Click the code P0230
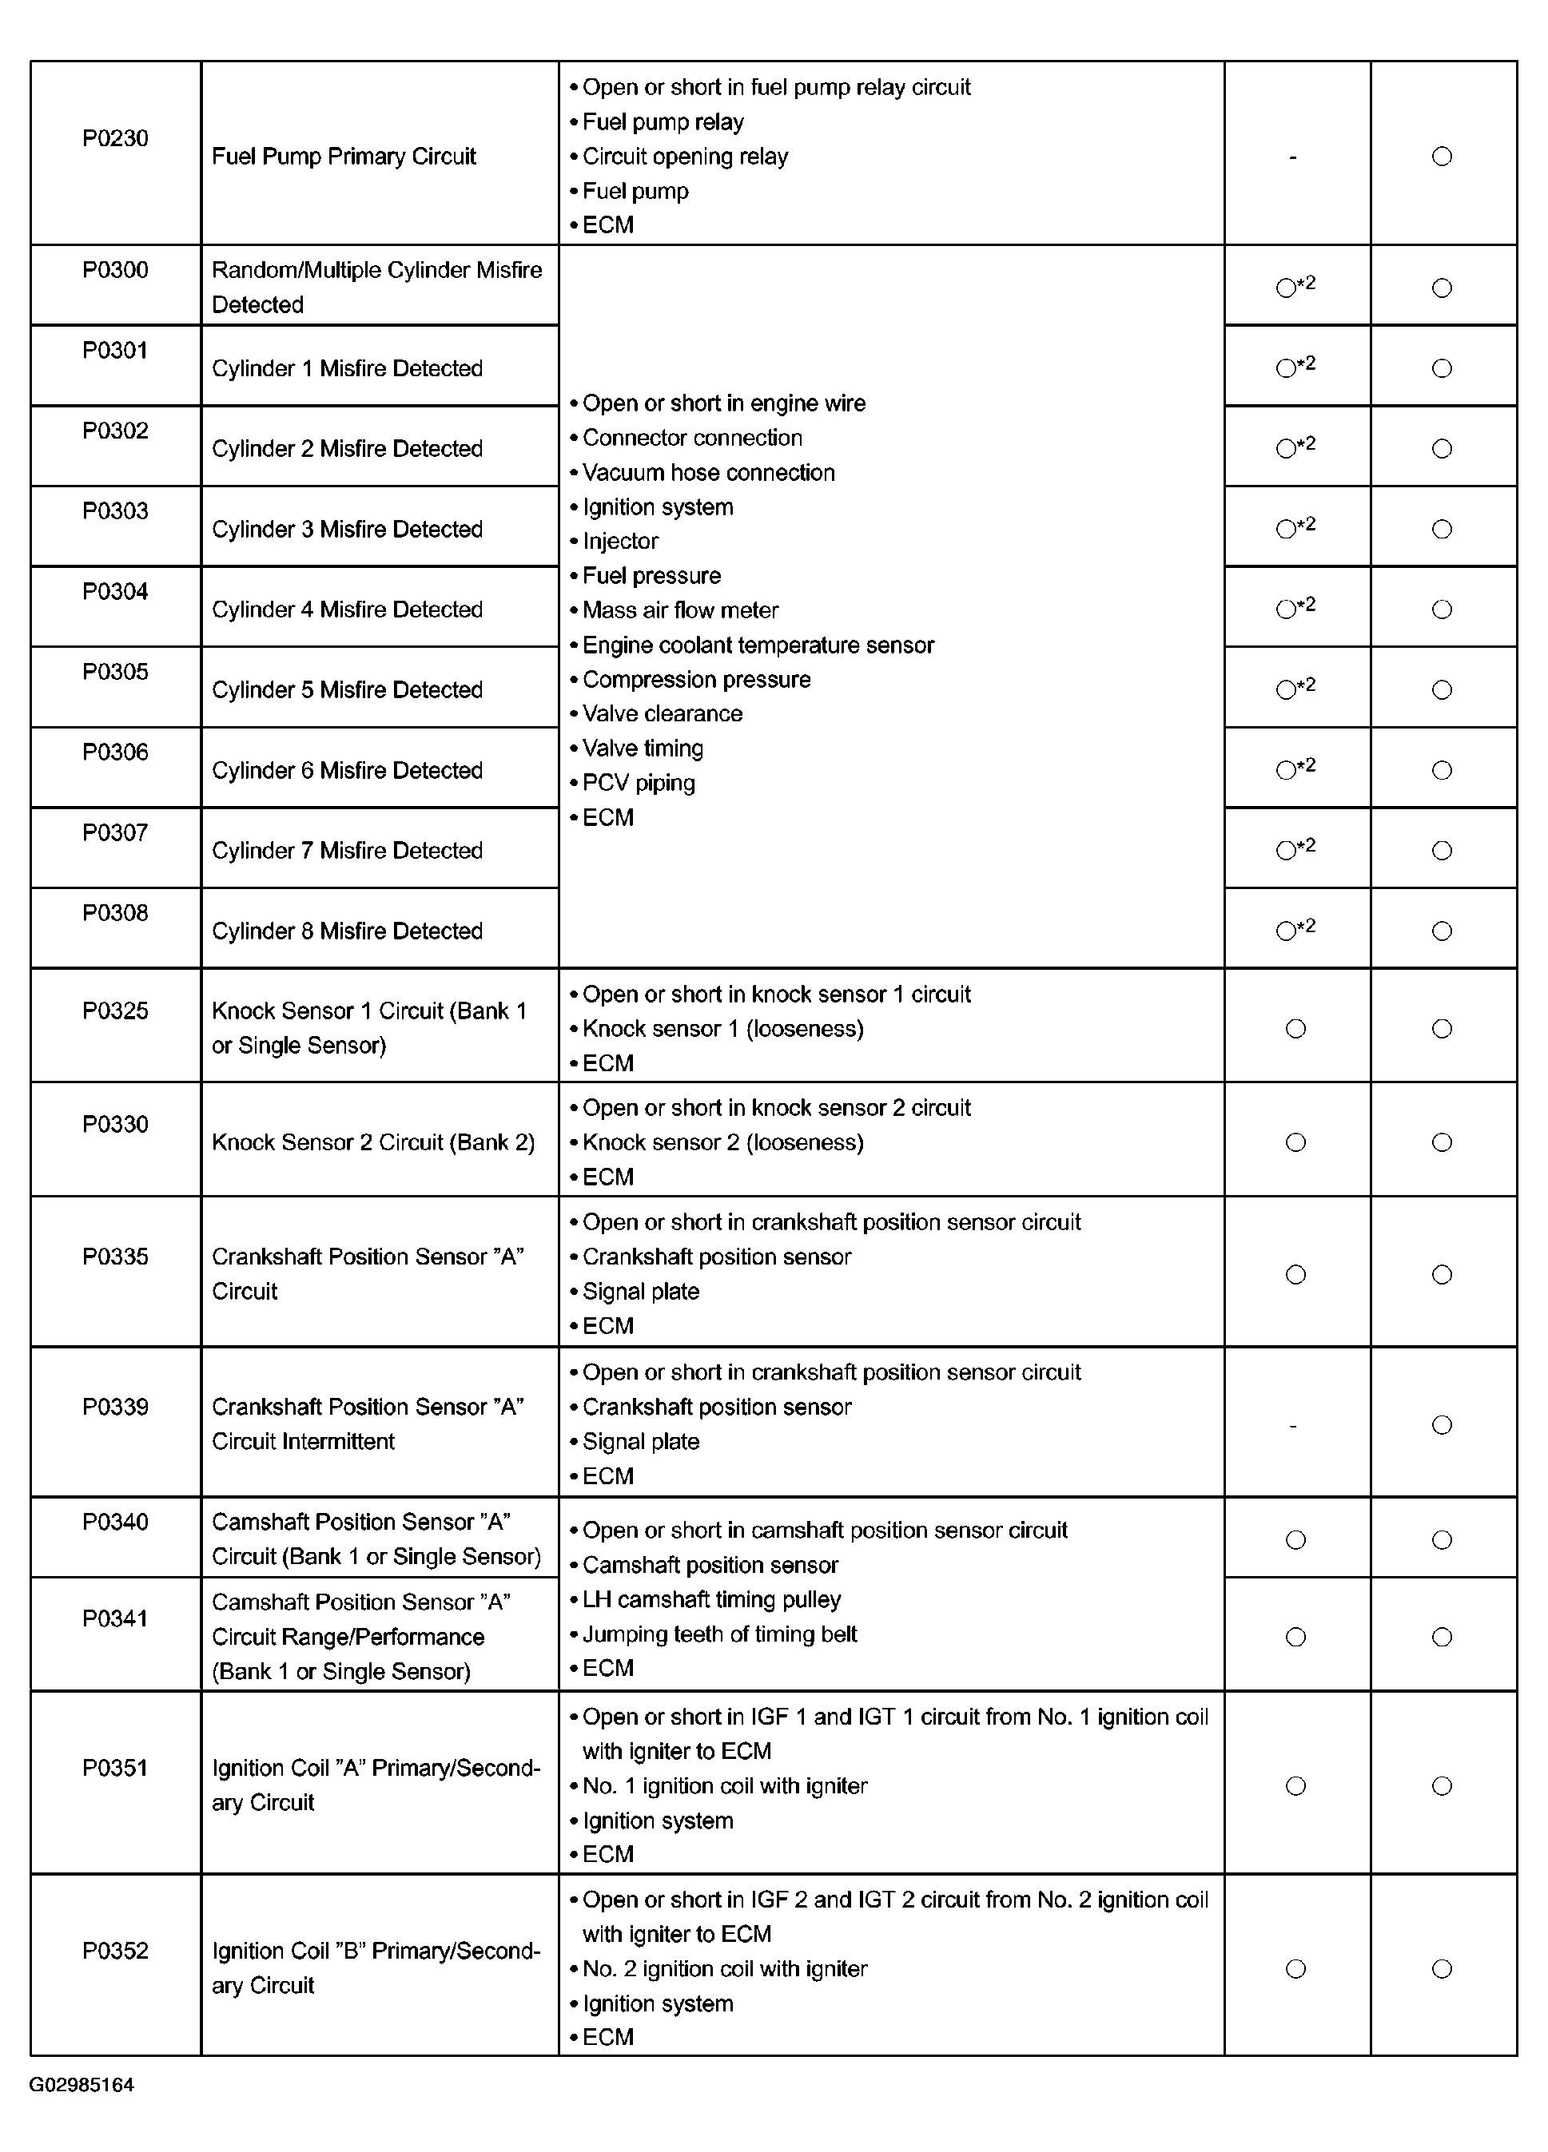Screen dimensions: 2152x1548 (115, 138)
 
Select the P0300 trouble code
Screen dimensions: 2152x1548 (115, 271)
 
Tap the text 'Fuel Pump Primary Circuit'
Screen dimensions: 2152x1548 (344, 157)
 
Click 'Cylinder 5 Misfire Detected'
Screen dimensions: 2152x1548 (348, 690)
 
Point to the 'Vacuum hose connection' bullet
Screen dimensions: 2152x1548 (708, 473)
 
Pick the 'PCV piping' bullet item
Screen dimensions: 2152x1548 (638, 783)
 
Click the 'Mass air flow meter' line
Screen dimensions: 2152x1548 (679, 610)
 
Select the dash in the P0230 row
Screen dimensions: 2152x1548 (1294, 157)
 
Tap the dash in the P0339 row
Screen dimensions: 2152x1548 (1294, 1425)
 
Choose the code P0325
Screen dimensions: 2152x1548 (115, 1011)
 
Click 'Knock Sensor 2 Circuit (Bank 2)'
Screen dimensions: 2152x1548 (373, 1142)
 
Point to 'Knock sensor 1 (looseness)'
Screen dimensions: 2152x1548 (722, 1029)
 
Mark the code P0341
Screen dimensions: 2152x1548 (115, 1618)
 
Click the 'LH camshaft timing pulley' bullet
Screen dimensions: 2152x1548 (711, 1600)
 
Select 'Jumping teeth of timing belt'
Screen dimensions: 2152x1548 (719, 1634)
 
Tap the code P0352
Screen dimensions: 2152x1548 (115, 1951)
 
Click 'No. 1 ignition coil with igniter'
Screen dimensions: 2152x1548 (724, 1785)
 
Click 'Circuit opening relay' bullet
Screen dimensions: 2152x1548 (684, 157)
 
